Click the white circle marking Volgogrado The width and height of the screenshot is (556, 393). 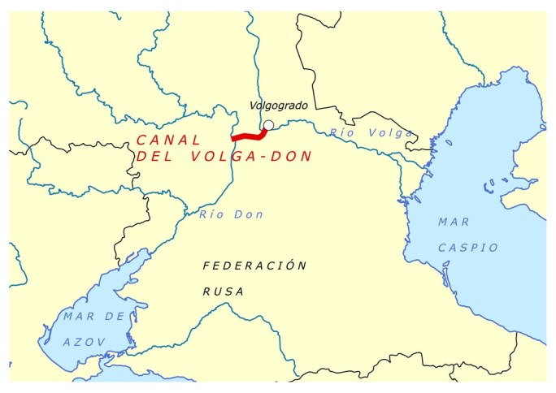point(268,125)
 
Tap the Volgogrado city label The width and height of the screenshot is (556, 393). point(278,106)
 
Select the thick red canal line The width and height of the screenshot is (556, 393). point(248,136)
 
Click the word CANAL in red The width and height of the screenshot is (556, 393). point(167,140)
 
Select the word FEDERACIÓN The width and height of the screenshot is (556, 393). point(254,266)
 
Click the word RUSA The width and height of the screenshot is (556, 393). point(224,292)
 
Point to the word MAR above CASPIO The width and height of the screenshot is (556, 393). point(453,221)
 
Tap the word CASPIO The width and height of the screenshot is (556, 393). point(467,247)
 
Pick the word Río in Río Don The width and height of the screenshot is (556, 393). point(211,214)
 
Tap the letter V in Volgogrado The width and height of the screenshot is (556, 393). point(253,106)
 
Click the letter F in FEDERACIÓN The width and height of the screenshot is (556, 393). point(206,266)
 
